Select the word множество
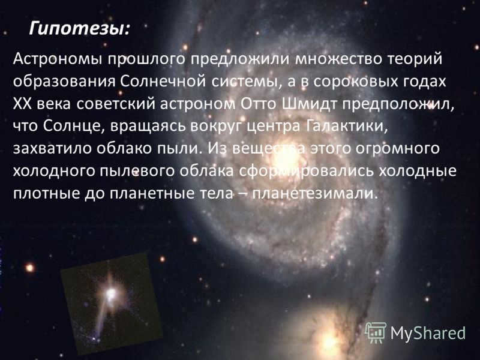point(338,59)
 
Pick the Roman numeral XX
point(22,104)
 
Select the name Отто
point(259,104)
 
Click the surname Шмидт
point(309,104)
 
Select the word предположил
point(398,104)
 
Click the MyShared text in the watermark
point(428,333)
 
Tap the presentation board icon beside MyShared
point(376,332)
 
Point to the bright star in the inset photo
point(110,294)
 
